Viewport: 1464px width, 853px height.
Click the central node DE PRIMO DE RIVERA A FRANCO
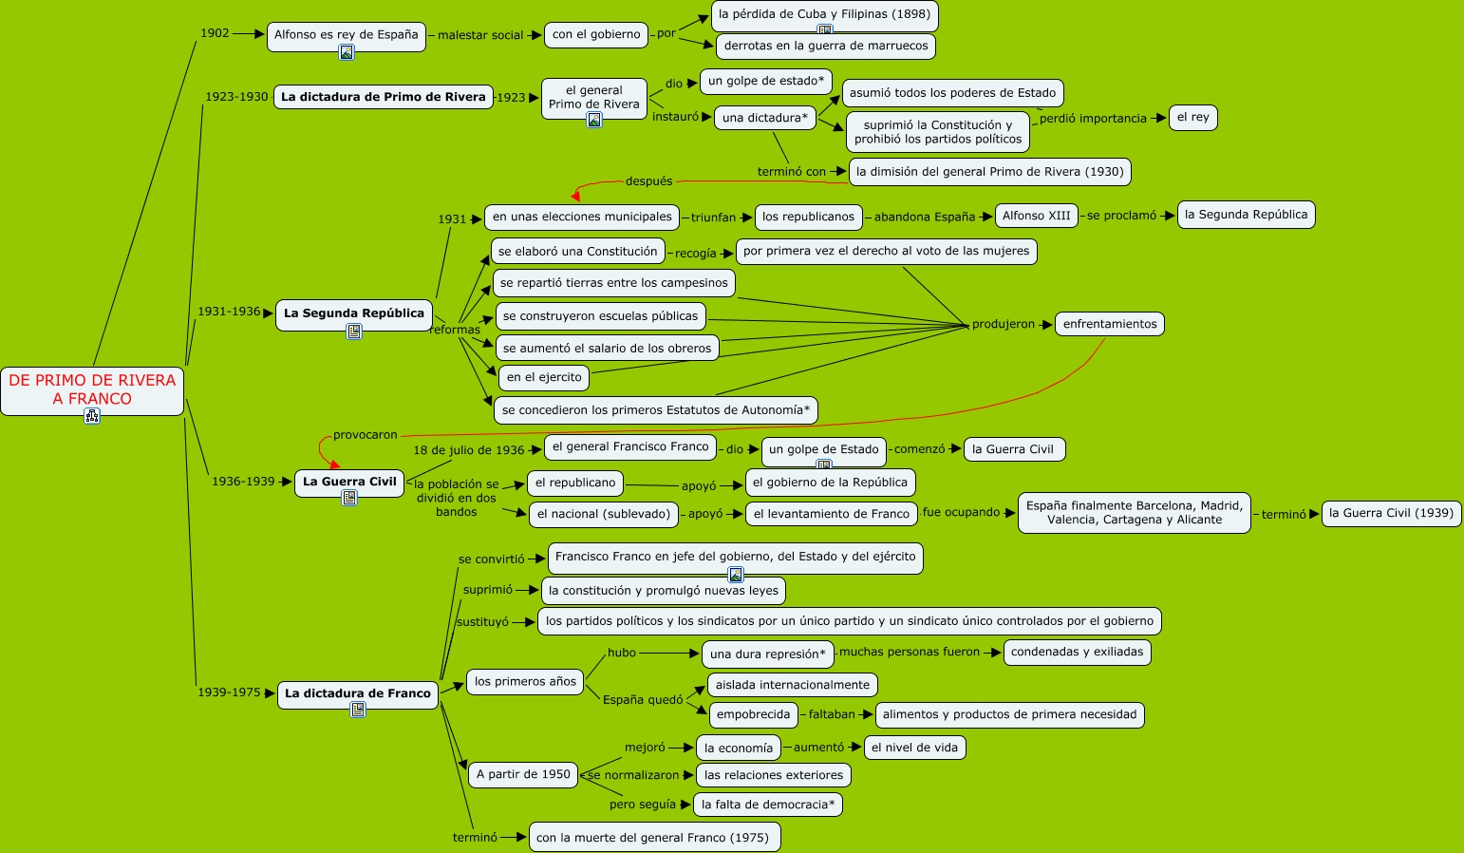point(92,389)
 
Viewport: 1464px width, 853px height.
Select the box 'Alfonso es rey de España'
point(346,34)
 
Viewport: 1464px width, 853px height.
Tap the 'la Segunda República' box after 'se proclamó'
point(1246,215)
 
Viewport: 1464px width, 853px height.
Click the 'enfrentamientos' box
point(1109,324)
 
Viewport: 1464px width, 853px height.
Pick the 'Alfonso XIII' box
point(1036,216)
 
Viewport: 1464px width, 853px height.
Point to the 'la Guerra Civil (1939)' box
point(1391,513)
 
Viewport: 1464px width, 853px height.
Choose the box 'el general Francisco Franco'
point(630,446)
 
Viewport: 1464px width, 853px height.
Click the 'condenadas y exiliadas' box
point(1077,652)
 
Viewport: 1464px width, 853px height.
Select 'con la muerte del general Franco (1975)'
point(653,837)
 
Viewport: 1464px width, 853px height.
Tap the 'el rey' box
point(1192,117)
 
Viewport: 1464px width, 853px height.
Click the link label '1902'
point(215,33)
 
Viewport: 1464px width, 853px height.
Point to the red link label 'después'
point(648,181)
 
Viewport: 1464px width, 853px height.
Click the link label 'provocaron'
point(366,435)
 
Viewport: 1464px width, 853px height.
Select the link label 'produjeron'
point(1004,324)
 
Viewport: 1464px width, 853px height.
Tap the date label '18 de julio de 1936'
point(469,450)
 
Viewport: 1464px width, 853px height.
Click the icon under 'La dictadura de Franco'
point(358,710)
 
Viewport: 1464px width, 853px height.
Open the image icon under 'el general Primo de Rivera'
point(594,120)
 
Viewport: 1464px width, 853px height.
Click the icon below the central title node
point(92,415)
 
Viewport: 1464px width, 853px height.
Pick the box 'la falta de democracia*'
point(768,805)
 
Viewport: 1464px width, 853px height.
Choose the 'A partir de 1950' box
point(523,774)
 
